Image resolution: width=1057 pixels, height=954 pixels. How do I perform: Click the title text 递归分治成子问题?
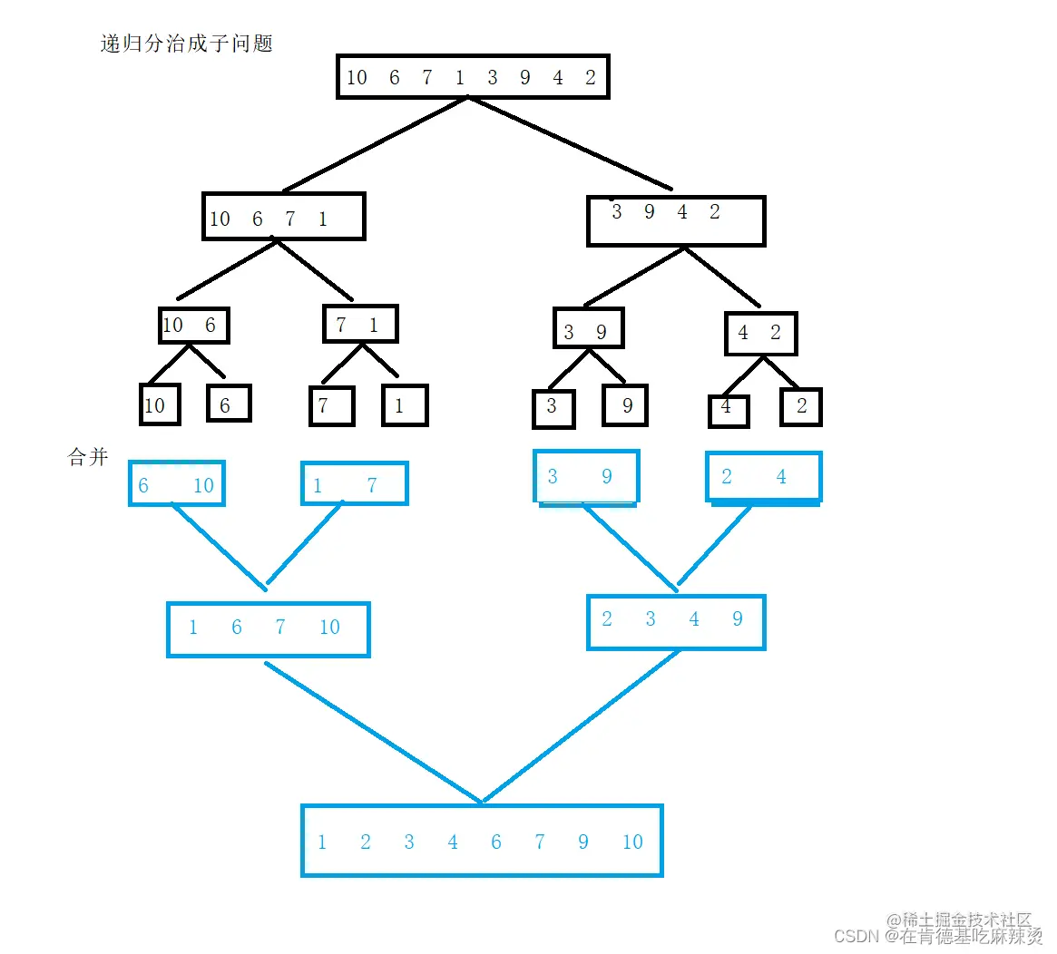[x=186, y=44]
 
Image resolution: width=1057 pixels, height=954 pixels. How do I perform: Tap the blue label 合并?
[x=88, y=457]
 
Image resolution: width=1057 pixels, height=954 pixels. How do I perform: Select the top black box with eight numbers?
[x=472, y=77]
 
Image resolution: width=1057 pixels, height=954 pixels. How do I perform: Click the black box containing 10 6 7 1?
[x=283, y=217]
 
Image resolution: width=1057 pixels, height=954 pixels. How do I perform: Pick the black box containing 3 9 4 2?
[x=676, y=220]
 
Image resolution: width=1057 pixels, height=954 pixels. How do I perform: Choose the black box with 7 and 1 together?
[x=360, y=324]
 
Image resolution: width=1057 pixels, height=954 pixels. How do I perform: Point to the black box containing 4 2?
[x=760, y=334]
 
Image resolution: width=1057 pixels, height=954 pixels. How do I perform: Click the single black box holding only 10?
[x=160, y=404]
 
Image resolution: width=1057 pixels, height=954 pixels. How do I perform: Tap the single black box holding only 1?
[x=404, y=405]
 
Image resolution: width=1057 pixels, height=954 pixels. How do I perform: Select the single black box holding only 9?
[x=625, y=405]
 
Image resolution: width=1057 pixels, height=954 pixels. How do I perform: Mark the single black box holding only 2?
[x=800, y=406]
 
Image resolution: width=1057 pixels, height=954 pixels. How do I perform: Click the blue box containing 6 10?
[x=176, y=484]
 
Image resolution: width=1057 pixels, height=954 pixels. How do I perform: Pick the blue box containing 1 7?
[x=354, y=484]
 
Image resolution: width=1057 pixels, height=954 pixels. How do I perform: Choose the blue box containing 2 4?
[x=763, y=477]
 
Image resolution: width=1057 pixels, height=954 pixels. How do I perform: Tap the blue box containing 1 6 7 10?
[x=268, y=628]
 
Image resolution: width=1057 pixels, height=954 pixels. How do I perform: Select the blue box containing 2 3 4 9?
[x=676, y=622]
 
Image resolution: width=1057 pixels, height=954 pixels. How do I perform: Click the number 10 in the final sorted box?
[x=632, y=842]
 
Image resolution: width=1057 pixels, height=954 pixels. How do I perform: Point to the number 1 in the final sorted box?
[x=322, y=842]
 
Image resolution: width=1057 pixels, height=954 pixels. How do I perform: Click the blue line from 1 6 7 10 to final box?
[x=372, y=732]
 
